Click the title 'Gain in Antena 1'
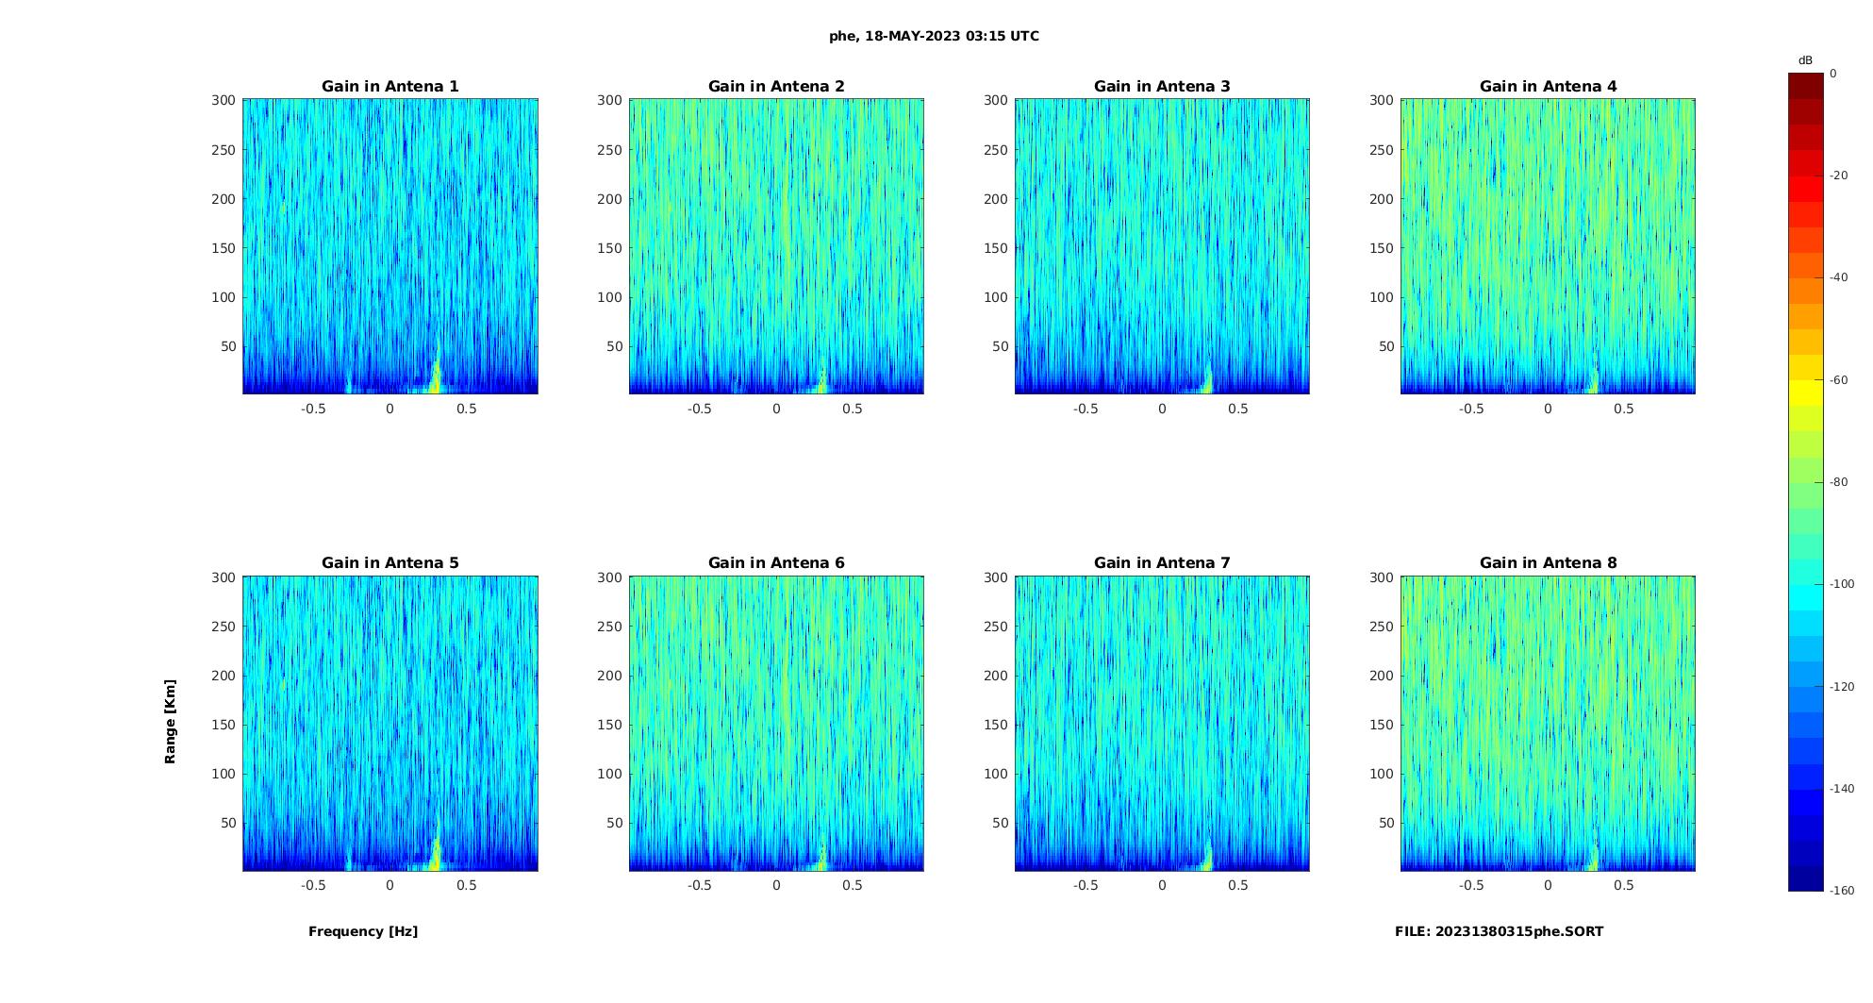pos(390,87)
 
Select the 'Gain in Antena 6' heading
pos(776,563)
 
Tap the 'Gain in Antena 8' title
pos(1548,563)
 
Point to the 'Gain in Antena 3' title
pos(1162,87)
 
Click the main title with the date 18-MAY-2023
pos(934,37)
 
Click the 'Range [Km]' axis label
pos(171,722)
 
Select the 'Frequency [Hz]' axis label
pos(363,931)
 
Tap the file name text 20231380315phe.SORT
pos(1499,931)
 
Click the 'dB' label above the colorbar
pos(1805,60)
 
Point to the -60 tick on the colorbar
pos(1839,380)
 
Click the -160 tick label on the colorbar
pos(1842,891)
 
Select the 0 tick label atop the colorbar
pos(1833,74)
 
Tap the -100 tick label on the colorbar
pos(1842,584)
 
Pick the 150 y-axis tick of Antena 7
pos(996,725)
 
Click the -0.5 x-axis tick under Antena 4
pos(1471,409)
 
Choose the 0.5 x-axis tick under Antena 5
pos(466,885)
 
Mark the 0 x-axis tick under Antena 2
pos(776,409)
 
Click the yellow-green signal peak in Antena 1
pos(436,376)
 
